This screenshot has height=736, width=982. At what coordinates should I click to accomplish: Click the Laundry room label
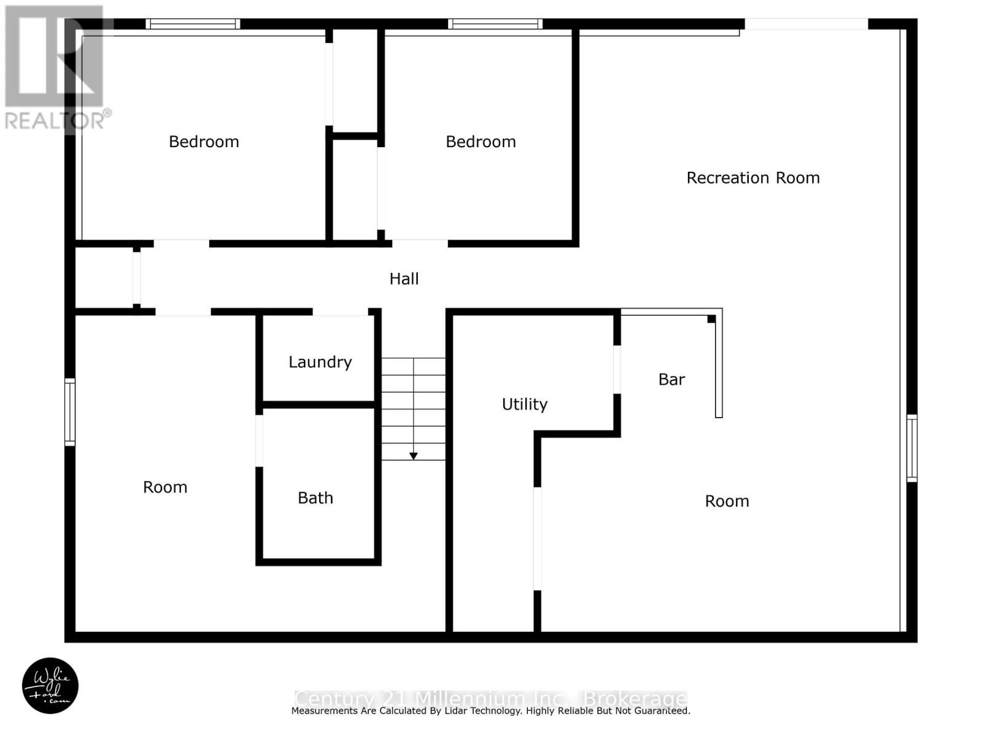point(320,362)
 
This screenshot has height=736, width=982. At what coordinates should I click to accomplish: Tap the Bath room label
point(315,497)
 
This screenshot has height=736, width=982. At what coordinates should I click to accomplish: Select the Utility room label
point(524,404)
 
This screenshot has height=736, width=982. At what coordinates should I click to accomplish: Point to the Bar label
point(671,380)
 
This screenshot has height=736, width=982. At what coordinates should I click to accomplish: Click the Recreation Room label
point(752,178)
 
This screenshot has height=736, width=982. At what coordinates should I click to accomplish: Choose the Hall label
point(404,279)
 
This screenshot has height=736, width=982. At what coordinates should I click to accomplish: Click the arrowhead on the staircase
point(414,456)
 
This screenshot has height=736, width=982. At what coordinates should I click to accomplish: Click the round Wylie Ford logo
point(50,686)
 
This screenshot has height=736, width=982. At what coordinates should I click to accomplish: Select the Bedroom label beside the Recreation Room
point(481,142)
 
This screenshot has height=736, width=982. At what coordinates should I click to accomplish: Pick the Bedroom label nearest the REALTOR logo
point(204,142)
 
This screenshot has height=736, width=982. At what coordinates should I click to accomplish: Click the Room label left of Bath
point(164,487)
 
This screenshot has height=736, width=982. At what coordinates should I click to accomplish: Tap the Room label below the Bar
point(727,501)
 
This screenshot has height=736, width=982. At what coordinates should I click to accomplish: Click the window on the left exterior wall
point(70,412)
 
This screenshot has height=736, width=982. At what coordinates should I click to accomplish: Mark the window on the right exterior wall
point(912,448)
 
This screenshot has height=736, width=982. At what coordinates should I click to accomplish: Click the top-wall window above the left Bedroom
point(193,24)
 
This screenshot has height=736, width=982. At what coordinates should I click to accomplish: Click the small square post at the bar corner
point(711,319)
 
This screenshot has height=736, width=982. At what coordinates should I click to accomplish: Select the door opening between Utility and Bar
point(617,369)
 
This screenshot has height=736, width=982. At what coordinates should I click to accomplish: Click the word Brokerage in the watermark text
point(635,699)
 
